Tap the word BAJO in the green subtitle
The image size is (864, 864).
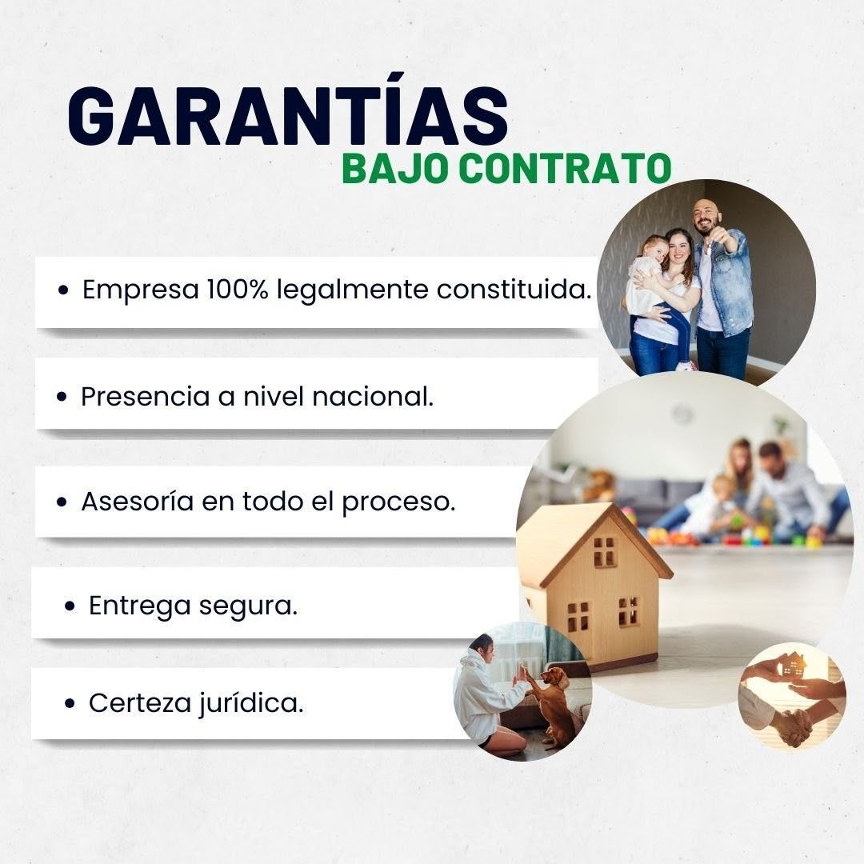coord(394,169)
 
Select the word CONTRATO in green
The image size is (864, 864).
coord(565,169)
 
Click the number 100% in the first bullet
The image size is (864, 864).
coord(238,289)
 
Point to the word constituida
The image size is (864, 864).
coord(514,289)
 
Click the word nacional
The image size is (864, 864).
coord(373,396)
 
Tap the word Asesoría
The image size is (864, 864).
coord(138,501)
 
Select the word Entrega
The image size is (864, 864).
coord(139,606)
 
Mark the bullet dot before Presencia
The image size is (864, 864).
coord(62,397)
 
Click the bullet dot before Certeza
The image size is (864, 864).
coord(70,704)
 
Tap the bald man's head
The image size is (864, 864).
coord(706,216)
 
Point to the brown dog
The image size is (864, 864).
coord(554,706)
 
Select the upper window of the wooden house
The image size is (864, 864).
coord(605,551)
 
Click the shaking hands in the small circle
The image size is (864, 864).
coord(794,726)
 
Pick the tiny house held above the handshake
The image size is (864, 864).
coord(792,665)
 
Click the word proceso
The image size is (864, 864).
coord(398,502)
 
